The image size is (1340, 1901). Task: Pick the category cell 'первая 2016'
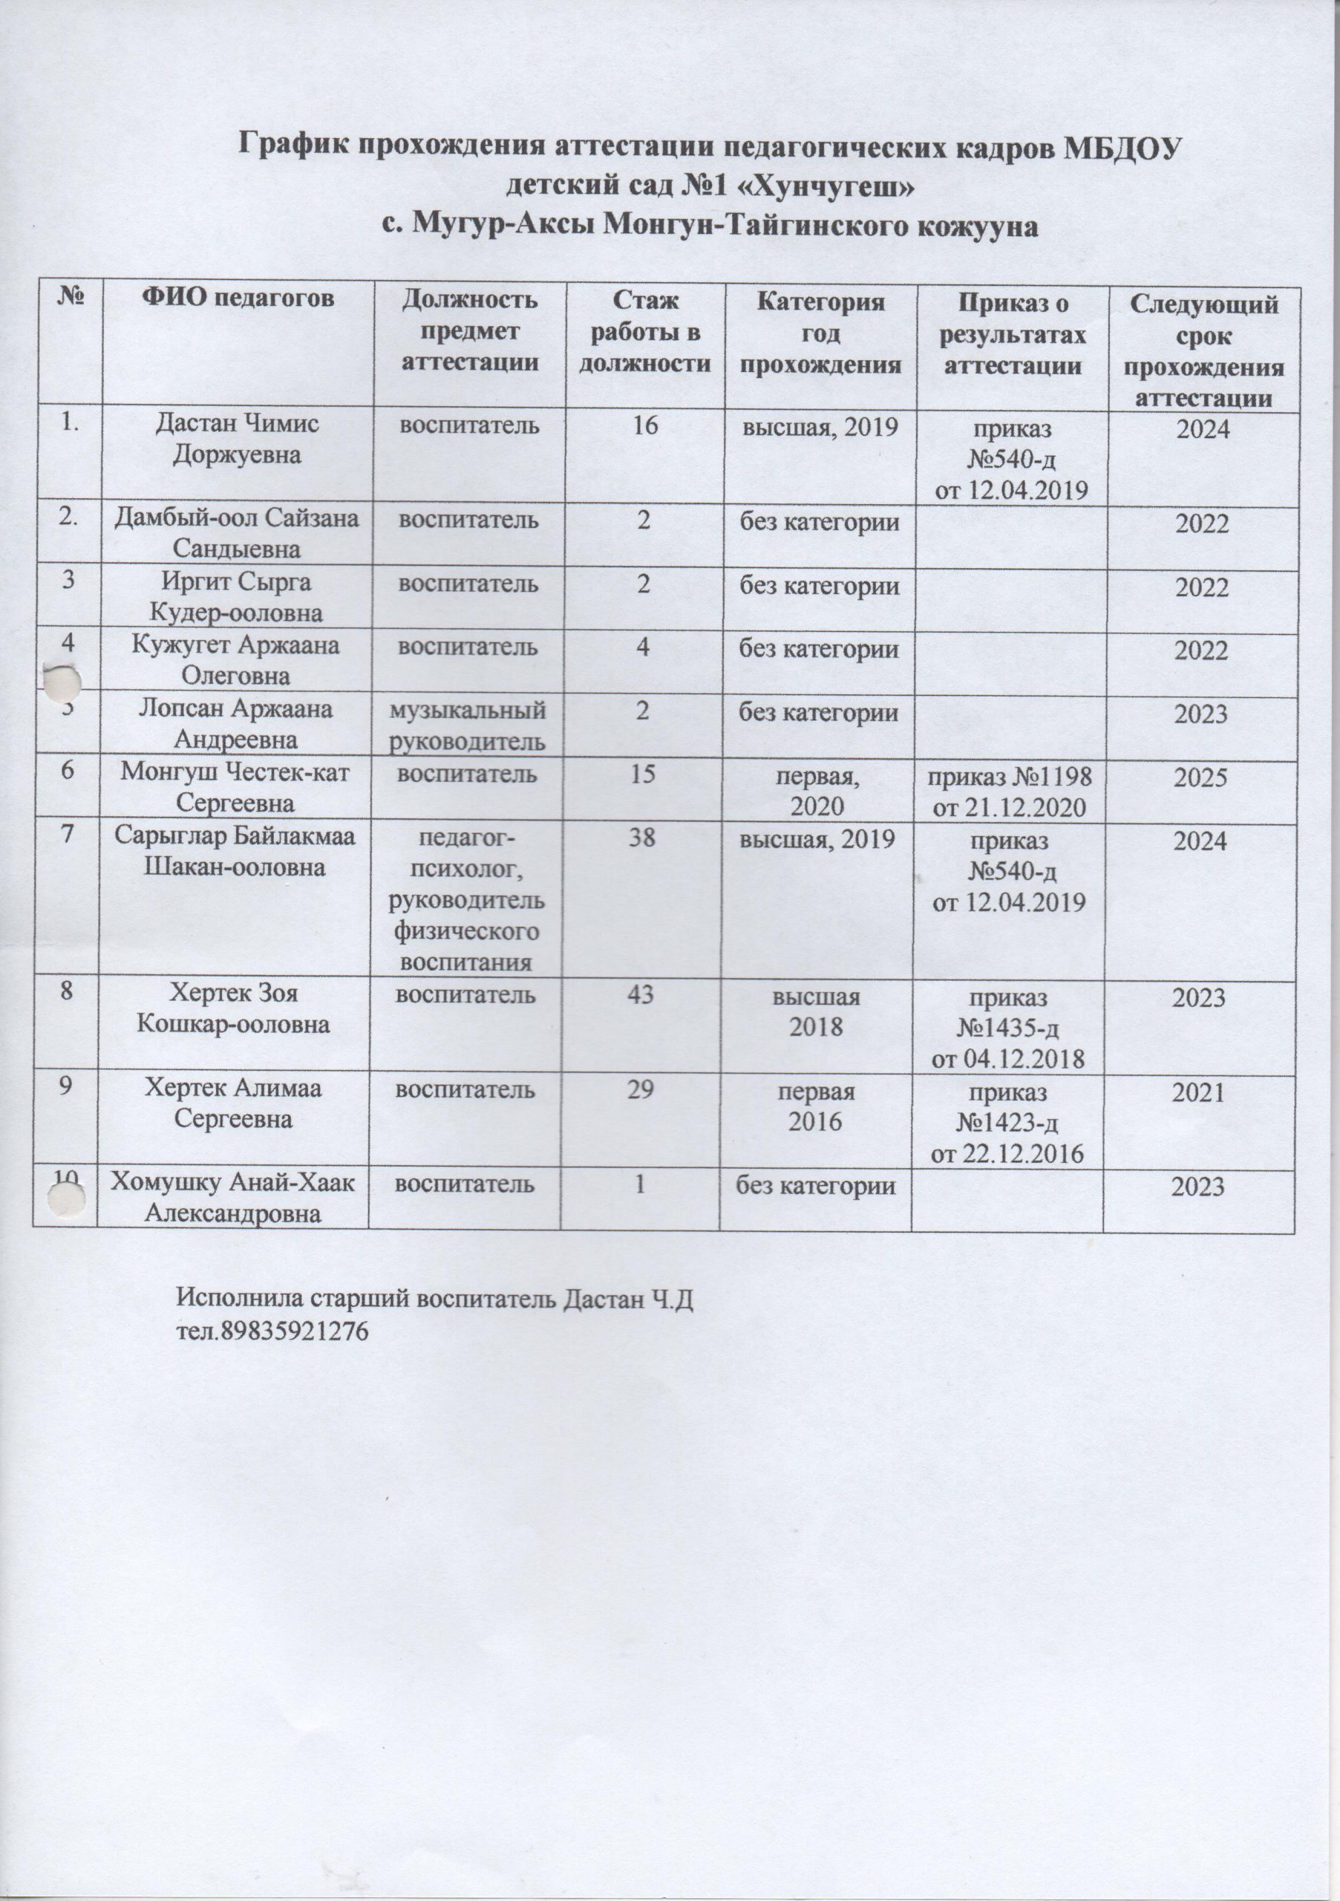pos(815,1107)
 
